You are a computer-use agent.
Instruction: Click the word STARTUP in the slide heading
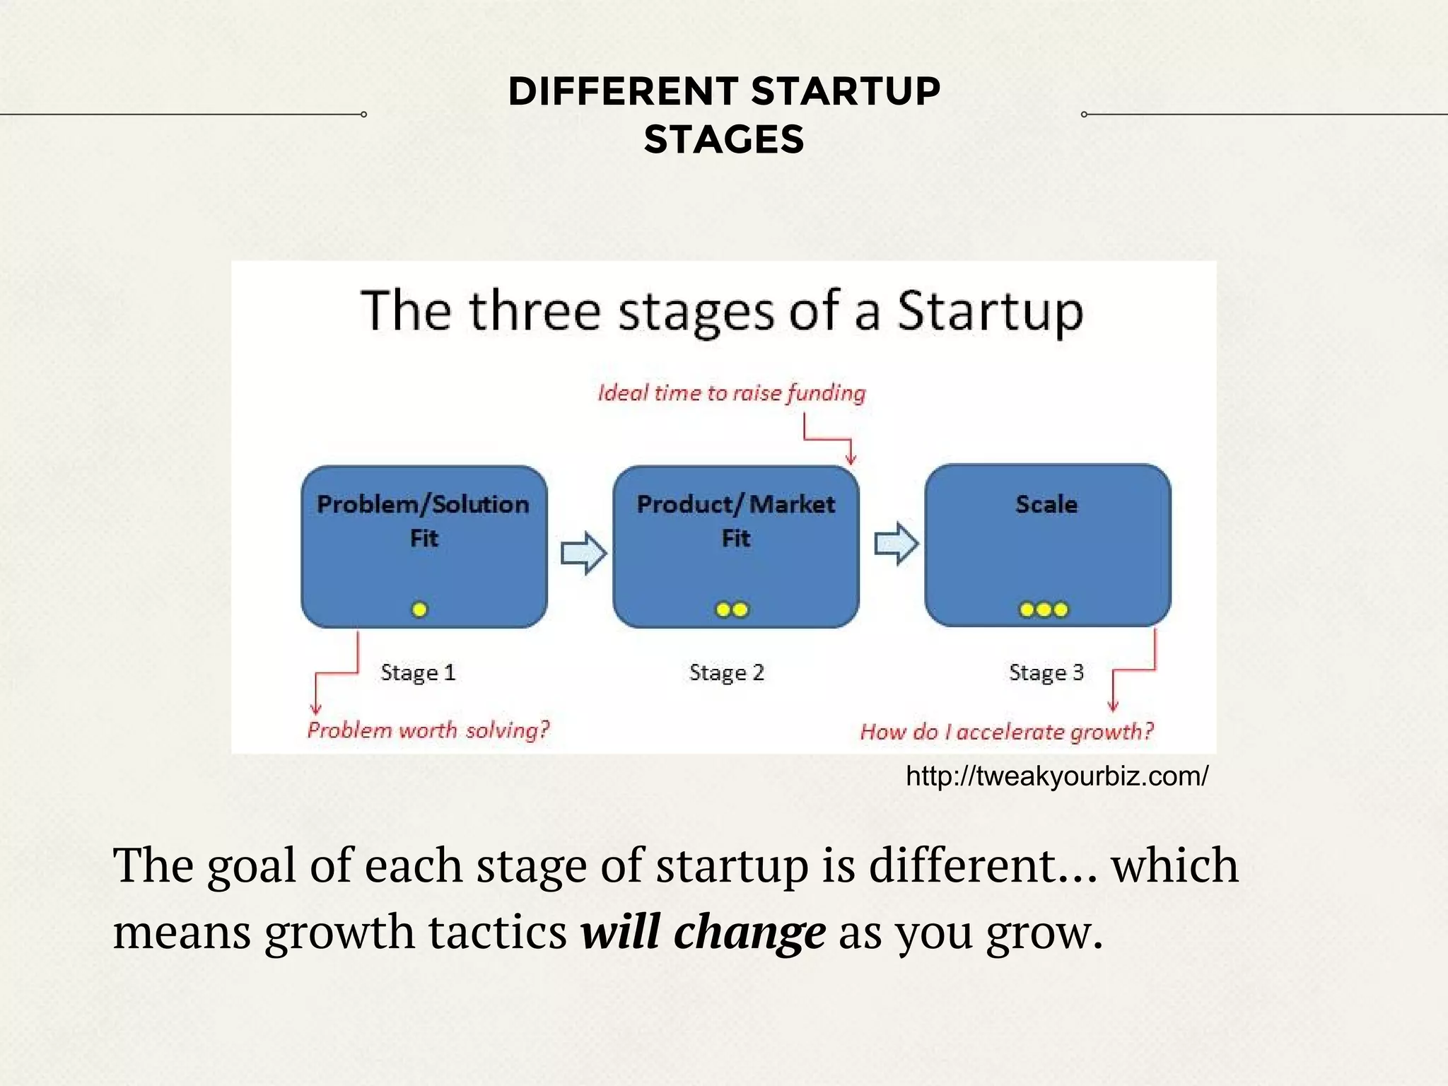click(845, 92)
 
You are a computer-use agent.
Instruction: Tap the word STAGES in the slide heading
click(724, 139)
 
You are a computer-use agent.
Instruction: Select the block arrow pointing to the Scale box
click(896, 544)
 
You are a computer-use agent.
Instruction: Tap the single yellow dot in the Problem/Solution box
click(419, 609)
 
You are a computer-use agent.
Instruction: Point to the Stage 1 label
click(418, 672)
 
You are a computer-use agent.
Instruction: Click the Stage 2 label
click(727, 672)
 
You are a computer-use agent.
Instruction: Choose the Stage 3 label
click(1046, 672)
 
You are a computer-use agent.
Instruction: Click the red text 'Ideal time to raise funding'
click(731, 393)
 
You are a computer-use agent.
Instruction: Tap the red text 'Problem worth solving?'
click(428, 730)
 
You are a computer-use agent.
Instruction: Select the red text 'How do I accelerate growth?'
click(1006, 732)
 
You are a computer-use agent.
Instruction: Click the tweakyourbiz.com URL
click(1057, 776)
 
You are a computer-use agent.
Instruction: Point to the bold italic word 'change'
click(749, 932)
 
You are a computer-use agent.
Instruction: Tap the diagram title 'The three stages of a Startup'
click(721, 311)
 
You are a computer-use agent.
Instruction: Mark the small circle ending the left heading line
click(363, 115)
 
